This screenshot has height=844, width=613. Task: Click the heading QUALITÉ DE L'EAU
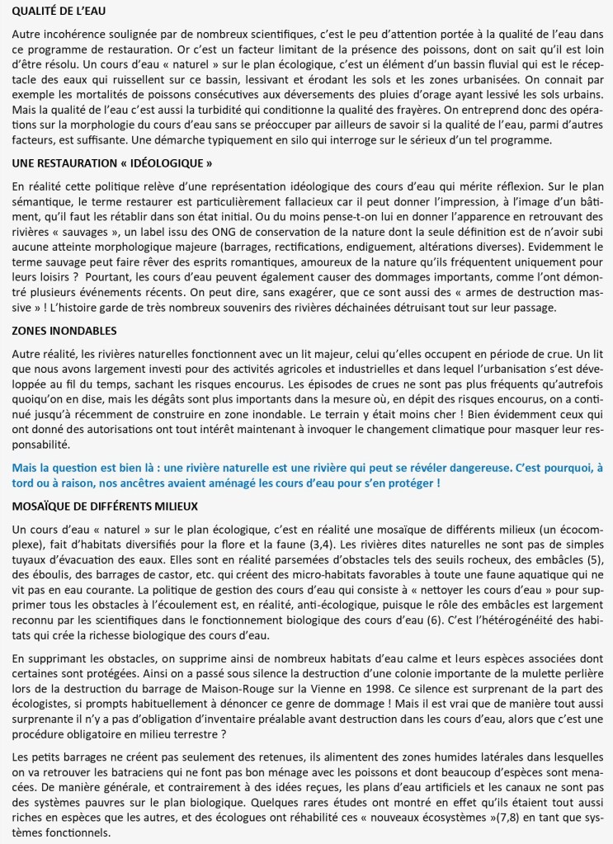click(x=59, y=12)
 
